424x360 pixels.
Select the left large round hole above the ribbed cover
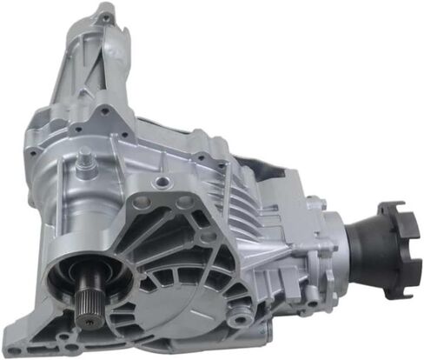(x=143, y=203)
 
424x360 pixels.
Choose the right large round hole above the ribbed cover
(x=183, y=203)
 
